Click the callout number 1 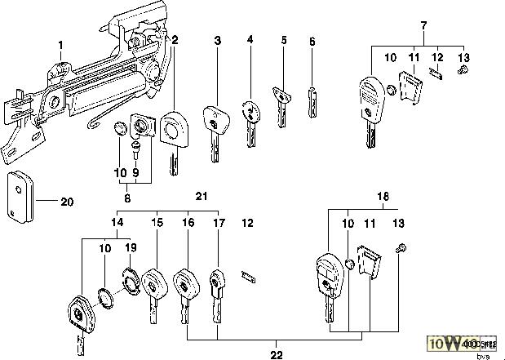[x=60, y=42]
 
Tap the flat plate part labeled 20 [x=21, y=197]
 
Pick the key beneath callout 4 [x=251, y=116]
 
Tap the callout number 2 [x=175, y=39]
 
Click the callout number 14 [x=117, y=222]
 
